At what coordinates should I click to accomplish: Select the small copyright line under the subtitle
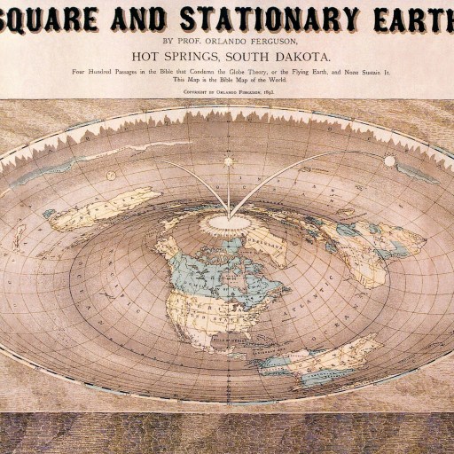pyautogui.click(x=227, y=90)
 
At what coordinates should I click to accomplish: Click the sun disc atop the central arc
pyautogui.click(x=227, y=162)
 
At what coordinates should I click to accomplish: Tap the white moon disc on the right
pyautogui.click(x=389, y=161)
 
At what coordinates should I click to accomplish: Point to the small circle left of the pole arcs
pyautogui.click(x=111, y=176)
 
